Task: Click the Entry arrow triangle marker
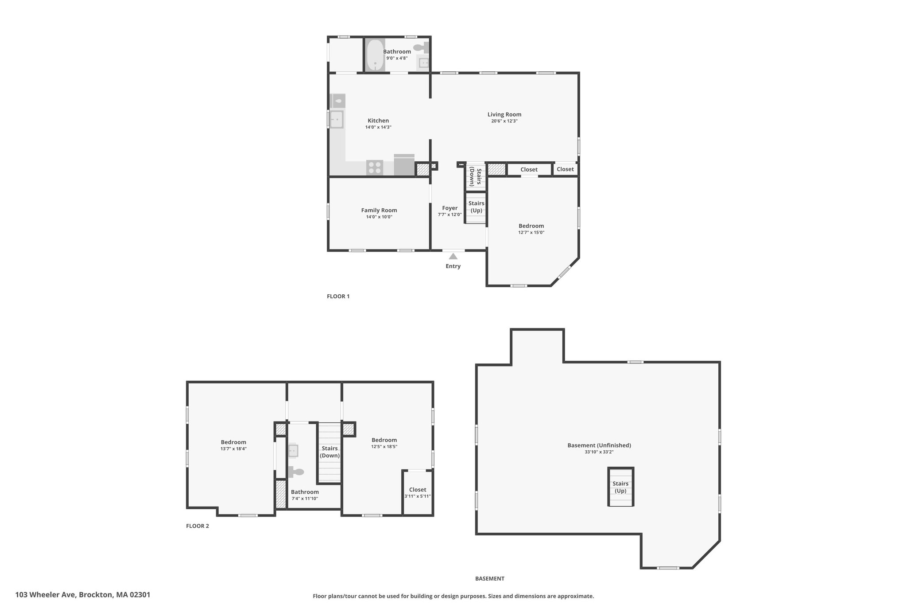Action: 453,256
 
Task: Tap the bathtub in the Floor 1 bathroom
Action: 375,55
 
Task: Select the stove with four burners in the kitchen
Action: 375,168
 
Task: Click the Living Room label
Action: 504,114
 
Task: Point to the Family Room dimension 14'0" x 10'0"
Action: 379,217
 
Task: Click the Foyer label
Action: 450,208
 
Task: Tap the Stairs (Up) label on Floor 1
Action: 477,207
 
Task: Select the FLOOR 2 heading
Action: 198,526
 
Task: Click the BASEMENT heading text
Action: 490,578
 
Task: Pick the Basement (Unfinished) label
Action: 599,445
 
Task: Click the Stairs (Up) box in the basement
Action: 620,487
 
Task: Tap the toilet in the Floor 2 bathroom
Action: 296,472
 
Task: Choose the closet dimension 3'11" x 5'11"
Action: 418,496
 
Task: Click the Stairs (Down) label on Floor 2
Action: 330,452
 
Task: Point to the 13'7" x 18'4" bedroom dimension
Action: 233,449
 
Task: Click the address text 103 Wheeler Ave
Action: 46,595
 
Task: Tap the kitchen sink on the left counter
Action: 336,119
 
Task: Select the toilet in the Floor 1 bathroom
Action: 421,47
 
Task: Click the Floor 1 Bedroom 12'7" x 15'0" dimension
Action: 531,232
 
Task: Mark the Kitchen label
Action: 378,121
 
